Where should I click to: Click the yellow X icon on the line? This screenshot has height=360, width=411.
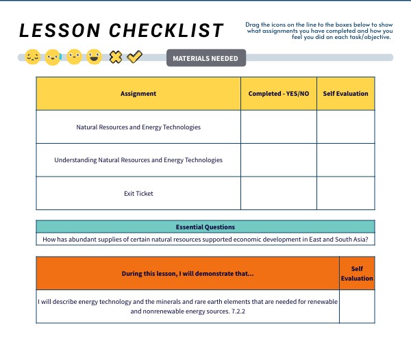click(116, 57)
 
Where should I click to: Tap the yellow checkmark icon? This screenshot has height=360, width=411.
click(135, 57)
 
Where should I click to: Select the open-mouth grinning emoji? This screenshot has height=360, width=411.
click(95, 57)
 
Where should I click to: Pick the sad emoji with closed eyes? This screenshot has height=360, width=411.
click(32, 57)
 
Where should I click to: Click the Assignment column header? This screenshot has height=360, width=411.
click(138, 94)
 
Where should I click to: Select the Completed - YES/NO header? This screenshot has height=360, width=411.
click(278, 94)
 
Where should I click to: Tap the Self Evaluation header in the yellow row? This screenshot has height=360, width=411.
click(345, 94)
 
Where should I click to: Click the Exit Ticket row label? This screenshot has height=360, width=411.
click(138, 194)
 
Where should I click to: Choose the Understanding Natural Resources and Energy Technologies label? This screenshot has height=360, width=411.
click(138, 160)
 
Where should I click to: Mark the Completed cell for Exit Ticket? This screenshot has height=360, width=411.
click(278, 194)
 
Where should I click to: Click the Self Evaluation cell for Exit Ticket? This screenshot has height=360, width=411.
click(345, 194)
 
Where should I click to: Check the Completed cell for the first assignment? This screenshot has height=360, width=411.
click(278, 127)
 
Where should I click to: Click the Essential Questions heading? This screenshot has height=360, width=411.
click(205, 227)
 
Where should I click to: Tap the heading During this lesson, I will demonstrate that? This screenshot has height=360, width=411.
click(188, 274)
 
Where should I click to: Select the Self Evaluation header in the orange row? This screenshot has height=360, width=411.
click(357, 274)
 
